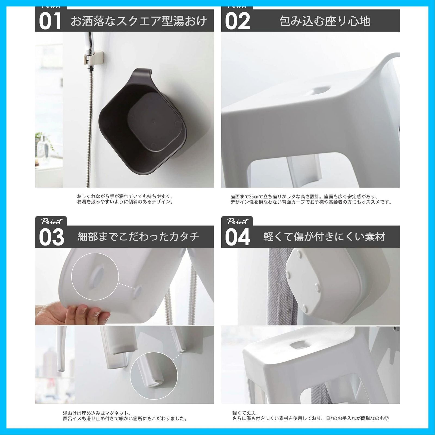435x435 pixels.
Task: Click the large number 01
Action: click(x=50, y=21)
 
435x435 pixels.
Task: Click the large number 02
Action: click(x=237, y=21)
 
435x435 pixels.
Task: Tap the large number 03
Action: click(x=51, y=237)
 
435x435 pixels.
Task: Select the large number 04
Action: click(x=237, y=237)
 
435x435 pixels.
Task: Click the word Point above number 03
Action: click(x=52, y=221)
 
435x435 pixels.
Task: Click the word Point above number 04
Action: click(x=238, y=221)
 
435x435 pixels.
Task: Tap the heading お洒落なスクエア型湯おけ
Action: click(x=139, y=21)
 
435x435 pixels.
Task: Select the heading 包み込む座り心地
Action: click(x=325, y=21)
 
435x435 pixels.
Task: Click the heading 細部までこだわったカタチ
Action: click(x=138, y=237)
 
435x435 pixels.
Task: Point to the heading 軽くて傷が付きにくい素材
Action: click(x=324, y=237)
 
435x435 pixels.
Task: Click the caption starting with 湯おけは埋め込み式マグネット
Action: click(x=125, y=416)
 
